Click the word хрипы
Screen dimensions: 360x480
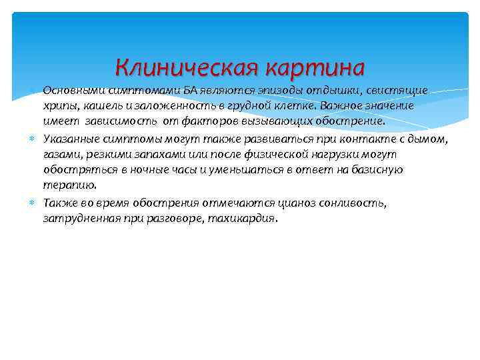click(58, 106)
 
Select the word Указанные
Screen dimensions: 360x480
click(71, 138)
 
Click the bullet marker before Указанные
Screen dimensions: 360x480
click(33, 138)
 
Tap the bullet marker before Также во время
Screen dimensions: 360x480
click(33, 202)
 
